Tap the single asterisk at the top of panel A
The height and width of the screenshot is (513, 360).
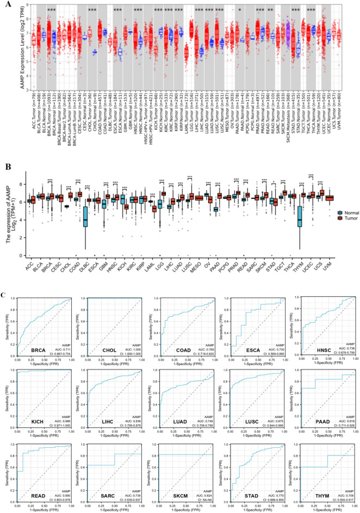(240, 10)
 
